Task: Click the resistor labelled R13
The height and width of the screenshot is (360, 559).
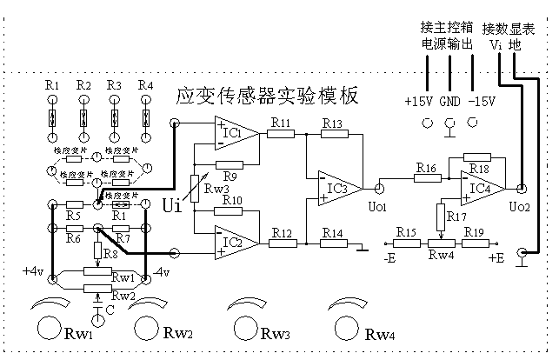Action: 332,135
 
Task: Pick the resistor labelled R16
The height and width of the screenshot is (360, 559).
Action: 426,178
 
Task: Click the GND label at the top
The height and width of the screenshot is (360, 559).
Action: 449,100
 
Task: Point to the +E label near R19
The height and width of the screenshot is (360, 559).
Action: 496,259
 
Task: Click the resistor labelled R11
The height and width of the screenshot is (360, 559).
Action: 280,135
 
